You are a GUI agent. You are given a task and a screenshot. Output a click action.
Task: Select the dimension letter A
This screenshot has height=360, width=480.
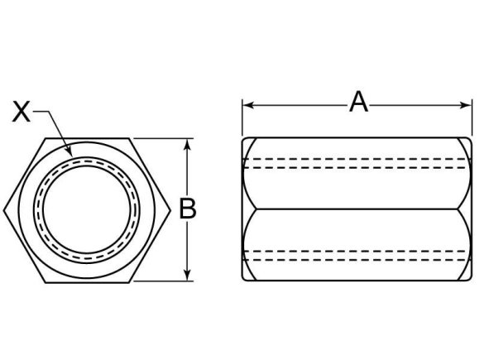point(358,102)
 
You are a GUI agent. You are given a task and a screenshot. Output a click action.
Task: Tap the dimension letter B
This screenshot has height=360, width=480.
point(189,209)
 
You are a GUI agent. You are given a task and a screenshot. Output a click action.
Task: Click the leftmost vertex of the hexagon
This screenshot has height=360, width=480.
point(5,209)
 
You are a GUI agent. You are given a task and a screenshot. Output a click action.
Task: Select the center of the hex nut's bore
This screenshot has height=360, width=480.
point(86,209)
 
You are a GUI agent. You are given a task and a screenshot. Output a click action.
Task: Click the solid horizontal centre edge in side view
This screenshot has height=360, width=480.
point(352,209)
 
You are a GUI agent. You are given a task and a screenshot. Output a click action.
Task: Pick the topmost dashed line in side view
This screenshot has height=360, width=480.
point(352,158)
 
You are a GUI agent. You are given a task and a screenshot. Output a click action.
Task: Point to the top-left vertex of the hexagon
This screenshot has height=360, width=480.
point(46,138)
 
